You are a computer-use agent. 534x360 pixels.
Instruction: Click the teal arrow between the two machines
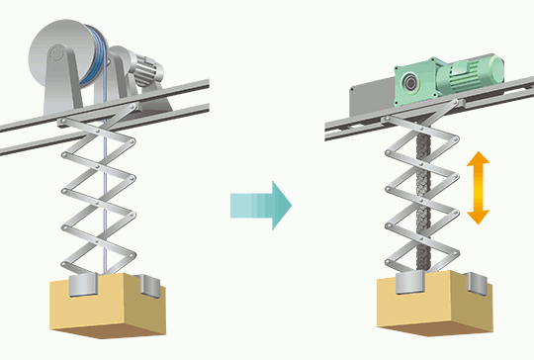coord(259,205)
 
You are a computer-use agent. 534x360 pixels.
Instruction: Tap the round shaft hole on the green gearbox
coord(408,83)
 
